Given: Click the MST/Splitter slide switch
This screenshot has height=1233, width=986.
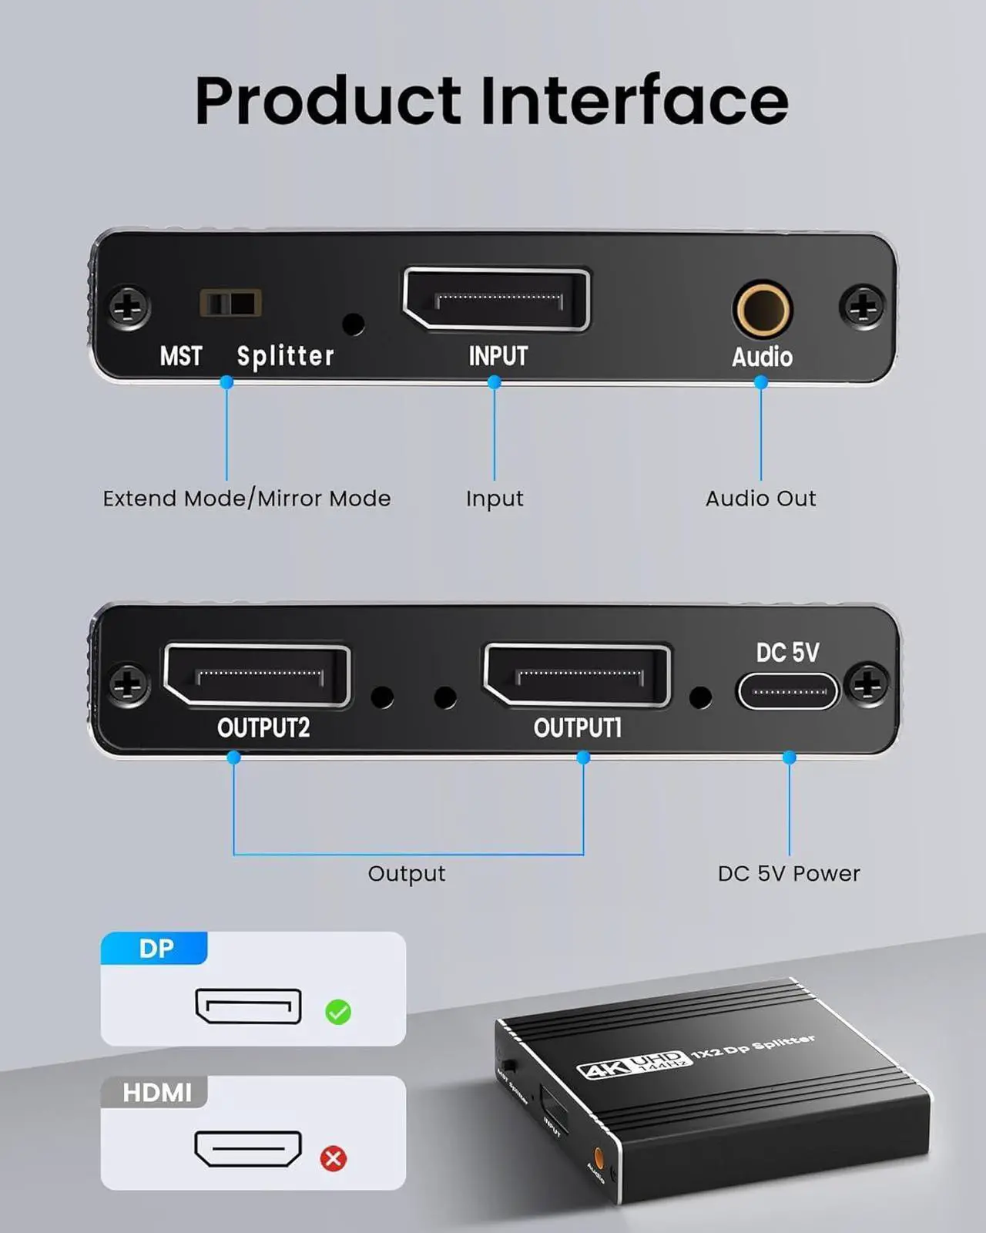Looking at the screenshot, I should (230, 303).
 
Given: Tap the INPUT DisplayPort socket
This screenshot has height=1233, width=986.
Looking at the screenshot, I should (497, 300).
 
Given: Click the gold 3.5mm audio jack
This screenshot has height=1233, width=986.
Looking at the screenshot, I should (761, 309).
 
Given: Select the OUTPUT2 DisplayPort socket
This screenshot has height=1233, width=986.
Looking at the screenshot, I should (257, 676).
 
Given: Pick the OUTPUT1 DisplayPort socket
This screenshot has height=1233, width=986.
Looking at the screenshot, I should (577, 676).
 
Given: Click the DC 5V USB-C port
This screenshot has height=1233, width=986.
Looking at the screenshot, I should (788, 690).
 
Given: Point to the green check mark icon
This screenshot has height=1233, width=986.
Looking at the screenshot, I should (338, 1012).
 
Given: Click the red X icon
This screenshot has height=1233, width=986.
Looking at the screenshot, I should (334, 1158).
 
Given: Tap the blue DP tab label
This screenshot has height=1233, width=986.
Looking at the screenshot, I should (155, 949).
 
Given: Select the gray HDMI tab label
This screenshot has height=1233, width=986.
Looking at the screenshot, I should (156, 1093).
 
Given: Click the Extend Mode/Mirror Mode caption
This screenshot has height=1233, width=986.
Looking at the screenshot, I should (246, 499).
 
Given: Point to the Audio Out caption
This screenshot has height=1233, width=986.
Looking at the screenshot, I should (760, 499).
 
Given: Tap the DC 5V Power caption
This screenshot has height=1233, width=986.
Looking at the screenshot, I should (789, 874).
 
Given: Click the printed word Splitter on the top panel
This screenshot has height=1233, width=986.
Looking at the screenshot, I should (286, 356).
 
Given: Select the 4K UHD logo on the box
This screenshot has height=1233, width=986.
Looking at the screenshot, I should (629, 1065).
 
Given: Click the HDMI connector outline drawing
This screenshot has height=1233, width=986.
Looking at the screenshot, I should (248, 1149).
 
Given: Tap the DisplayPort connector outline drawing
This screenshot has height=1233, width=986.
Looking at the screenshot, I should (248, 1006).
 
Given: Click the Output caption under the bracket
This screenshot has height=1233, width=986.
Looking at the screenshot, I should (406, 874).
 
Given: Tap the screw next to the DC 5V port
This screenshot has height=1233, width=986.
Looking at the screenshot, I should (867, 684).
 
